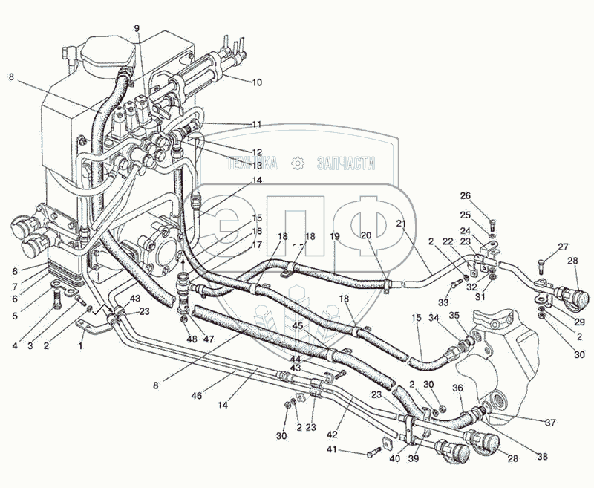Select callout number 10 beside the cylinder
[256, 82]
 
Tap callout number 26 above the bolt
[486, 196]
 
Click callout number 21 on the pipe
[401, 224]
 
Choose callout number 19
[335, 235]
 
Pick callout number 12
[256, 152]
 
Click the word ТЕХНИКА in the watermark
[252, 164]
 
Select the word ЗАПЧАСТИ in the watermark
[346, 164]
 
